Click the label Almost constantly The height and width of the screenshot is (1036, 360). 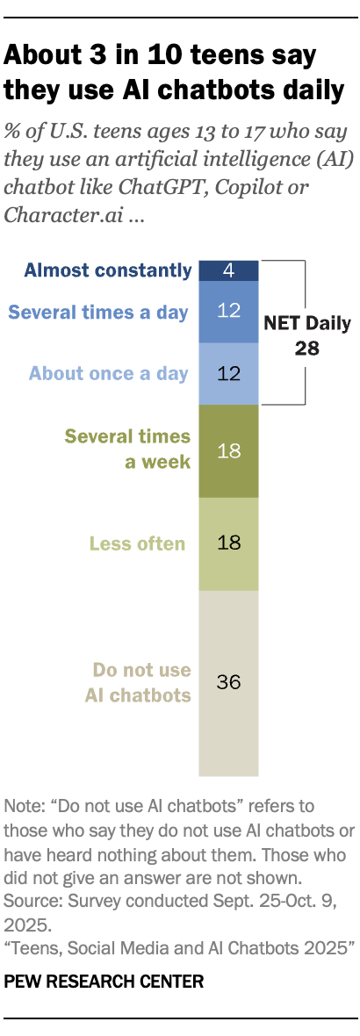tap(107, 270)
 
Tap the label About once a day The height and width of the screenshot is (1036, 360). tap(108, 374)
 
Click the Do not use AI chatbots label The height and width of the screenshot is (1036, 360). tap(141, 683)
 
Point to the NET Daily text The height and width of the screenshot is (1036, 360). tap(307, 323)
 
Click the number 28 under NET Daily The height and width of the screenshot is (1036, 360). tap(307, 348)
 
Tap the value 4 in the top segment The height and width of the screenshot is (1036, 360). tap(228, 270)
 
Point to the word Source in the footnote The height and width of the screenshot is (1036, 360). tap(28, 902)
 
